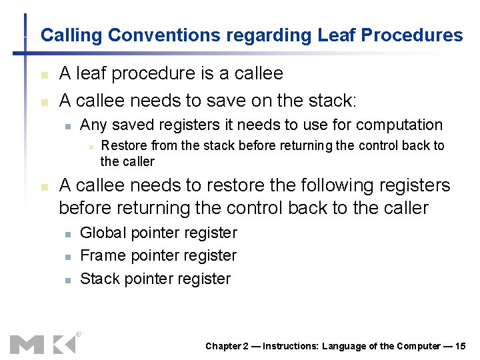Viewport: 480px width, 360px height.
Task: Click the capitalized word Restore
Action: click(124, 146)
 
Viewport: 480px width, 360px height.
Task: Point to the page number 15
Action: click(460, 345)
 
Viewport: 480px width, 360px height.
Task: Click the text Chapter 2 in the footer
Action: click(227, 345)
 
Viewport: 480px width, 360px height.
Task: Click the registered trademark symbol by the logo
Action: click(78, 335)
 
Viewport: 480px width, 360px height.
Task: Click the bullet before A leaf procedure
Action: click(44, 75)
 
